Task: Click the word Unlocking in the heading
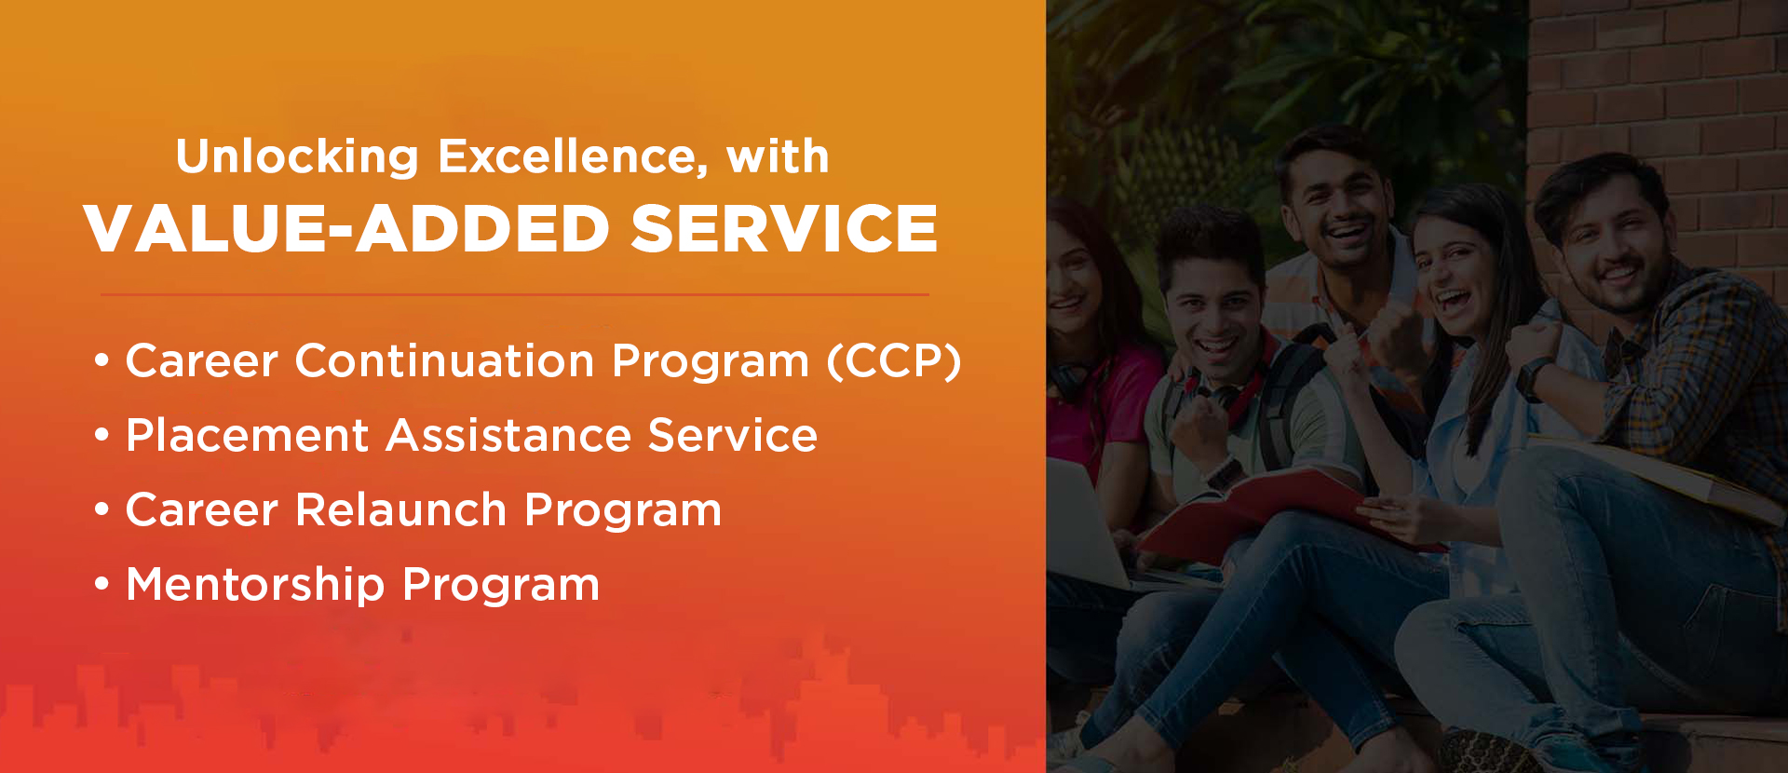[297, 156]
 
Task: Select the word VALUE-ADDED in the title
[346, 229]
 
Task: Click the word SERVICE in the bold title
[784, 229]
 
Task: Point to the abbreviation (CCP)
[894, 361]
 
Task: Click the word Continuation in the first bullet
[444, 361]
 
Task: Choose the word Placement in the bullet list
[248, 436]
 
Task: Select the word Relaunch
[400, 510]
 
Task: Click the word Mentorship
[255, 585]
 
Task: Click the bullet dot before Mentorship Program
[102, 585]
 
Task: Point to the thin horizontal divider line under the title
[514, 294]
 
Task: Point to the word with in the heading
[778, 156]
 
